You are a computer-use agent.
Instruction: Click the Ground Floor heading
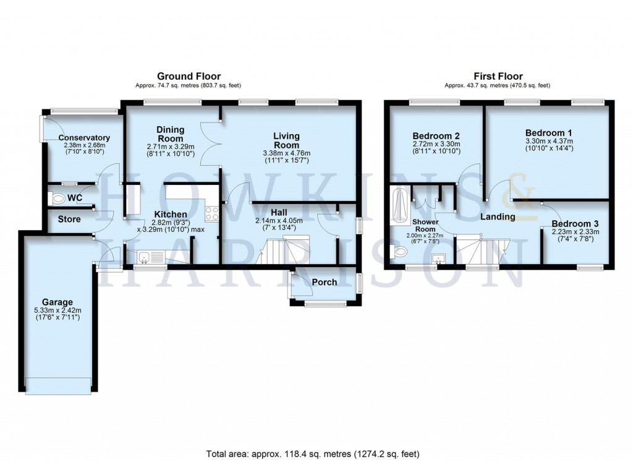(189, 76)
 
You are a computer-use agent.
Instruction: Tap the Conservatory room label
(85, 138)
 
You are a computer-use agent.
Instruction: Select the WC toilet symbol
(58, 198)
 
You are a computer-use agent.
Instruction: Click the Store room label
(69, 219)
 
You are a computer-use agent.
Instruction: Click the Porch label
(324, 283)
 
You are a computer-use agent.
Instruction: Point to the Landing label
(498, 217)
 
